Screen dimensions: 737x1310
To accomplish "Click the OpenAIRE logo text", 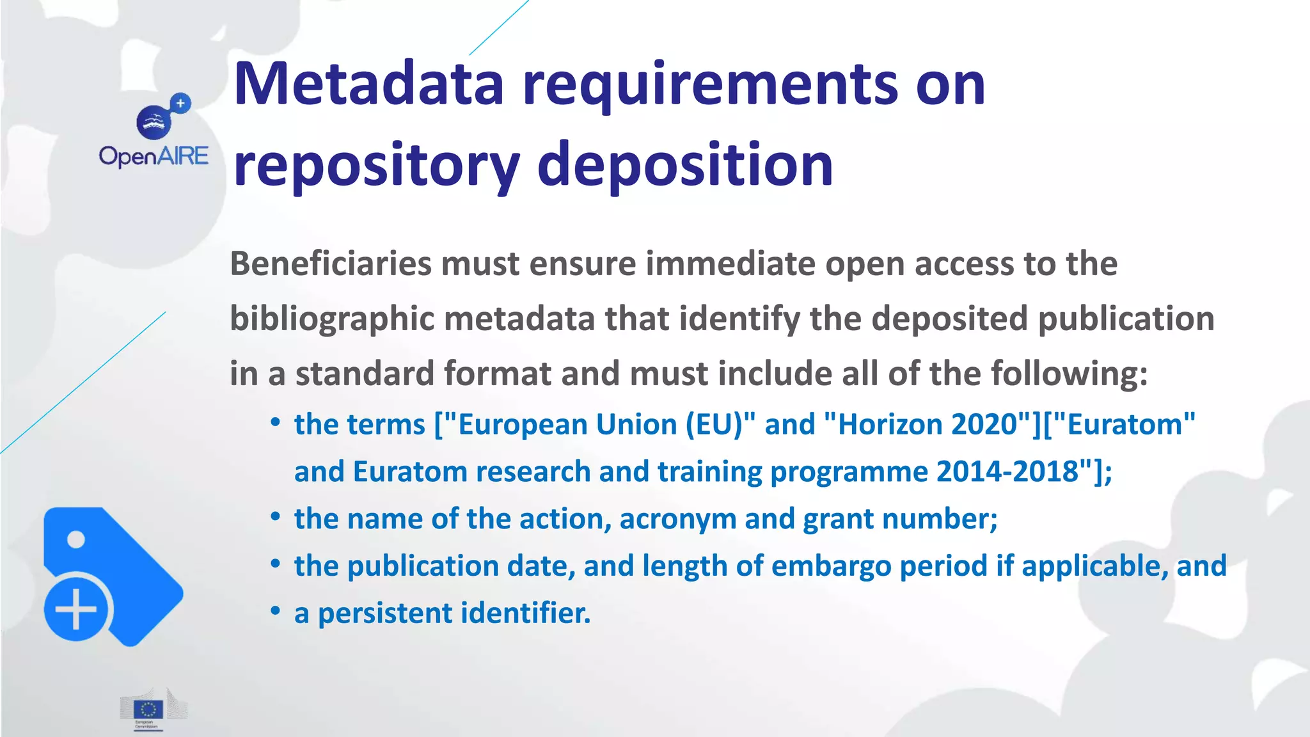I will coord(154,156).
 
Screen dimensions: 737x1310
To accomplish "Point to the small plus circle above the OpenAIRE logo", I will coord(181,103).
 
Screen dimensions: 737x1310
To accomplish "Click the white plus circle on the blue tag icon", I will coord(76,608).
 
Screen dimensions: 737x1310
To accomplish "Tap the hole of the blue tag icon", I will coord(76,539).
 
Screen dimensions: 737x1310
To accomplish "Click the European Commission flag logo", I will coord(148,709).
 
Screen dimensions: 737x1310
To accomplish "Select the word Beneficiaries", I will coord(331,264).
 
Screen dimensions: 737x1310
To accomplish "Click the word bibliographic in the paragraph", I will coord(332,319).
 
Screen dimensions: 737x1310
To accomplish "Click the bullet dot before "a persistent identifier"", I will coord(276,611).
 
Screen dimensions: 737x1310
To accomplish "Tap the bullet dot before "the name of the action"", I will coord(276,517).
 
